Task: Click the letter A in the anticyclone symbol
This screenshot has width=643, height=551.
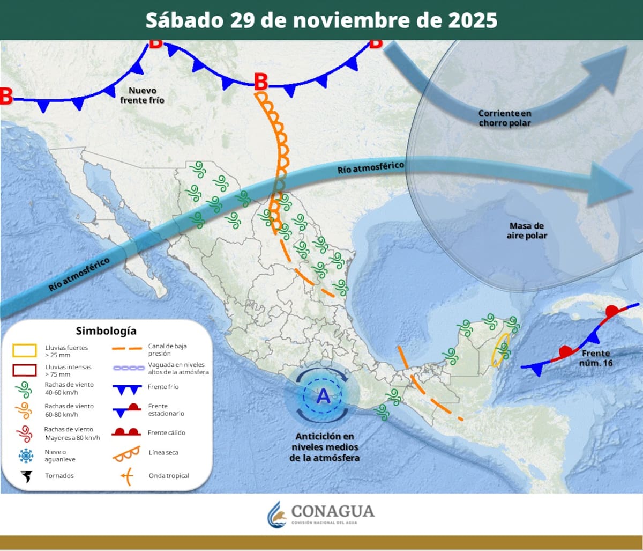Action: click(x=323, y=396)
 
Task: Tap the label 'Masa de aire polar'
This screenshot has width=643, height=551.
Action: click(x=527, y=231)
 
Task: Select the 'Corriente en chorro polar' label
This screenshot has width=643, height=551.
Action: click(x=504, y=118)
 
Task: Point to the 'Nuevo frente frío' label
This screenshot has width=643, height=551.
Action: click(x=142, y=95)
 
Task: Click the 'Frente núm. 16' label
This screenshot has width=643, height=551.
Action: click(x=595, y=358)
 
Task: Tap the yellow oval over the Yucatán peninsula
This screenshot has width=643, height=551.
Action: click(x=500, y=350)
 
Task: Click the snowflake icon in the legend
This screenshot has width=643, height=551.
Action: click(x=25, y=456)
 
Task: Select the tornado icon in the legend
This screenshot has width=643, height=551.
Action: click(x=25, y=476)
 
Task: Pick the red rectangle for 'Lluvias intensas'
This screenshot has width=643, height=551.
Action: click(x=24, y=370)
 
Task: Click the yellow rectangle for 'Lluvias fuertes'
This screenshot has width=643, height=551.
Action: click(x=24, y=351)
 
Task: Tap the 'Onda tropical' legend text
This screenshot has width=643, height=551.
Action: click(x=169, y=476)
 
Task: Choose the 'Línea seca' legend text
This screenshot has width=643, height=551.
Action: click(x=164, y=453)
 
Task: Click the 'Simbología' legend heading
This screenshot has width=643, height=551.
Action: click(x=106, y=330)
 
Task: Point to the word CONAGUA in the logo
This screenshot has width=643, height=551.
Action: click(x=333, y=511)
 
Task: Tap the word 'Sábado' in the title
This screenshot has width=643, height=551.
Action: click(x=184, y=20)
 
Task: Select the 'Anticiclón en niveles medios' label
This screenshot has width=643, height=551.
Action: click(x=325, y=447)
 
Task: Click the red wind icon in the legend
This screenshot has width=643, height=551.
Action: click(x=24, y=432)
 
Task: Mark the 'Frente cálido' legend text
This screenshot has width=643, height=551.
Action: click(x=167, y=432)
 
